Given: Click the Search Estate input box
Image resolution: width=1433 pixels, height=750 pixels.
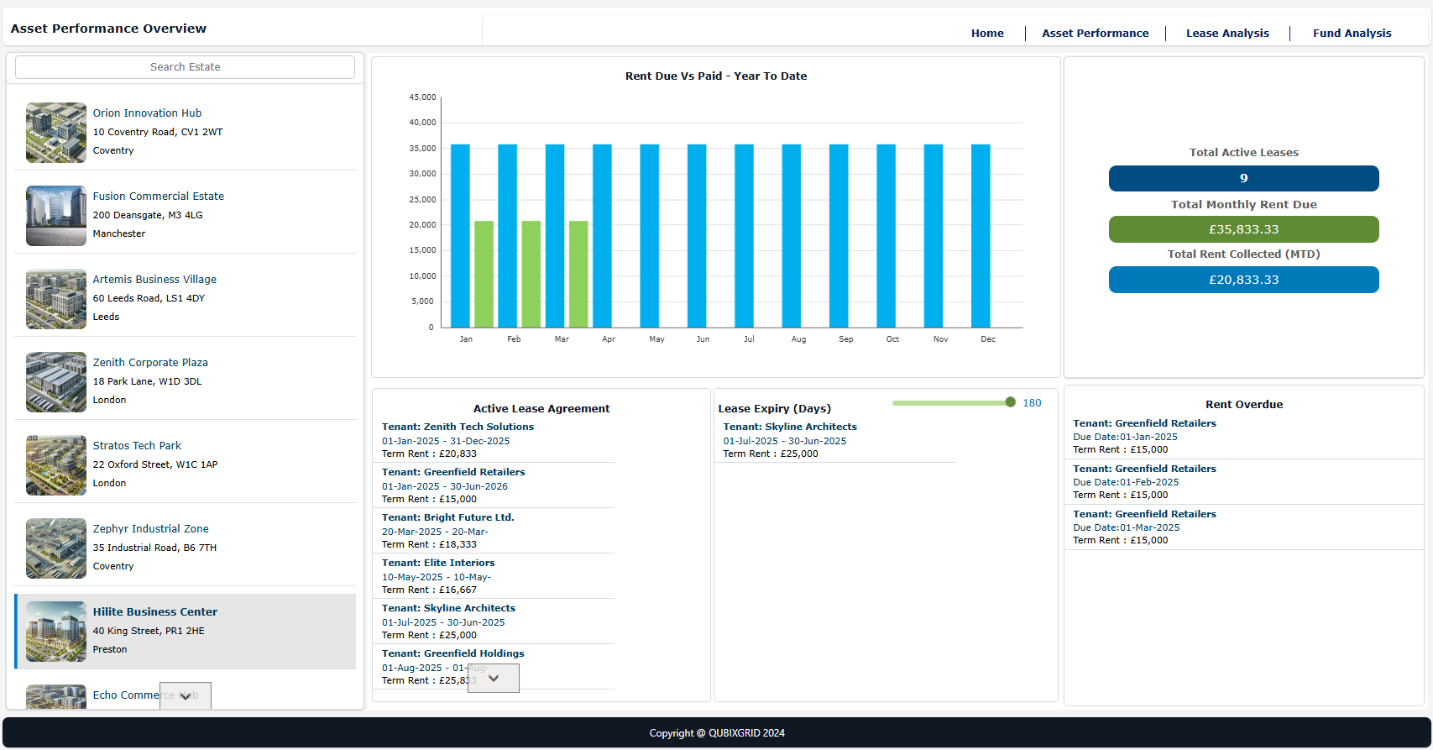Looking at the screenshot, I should click(185, 67).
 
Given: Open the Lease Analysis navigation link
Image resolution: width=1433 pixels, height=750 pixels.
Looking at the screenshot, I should click(1226, 34).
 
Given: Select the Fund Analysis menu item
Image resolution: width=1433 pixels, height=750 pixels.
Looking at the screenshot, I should click(1352, 34).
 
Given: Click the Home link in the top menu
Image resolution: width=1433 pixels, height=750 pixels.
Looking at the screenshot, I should click(987, 34).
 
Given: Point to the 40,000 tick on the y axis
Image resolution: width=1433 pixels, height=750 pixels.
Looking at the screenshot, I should click(422, 123).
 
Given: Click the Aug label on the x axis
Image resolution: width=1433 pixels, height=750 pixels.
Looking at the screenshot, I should click(798, 339).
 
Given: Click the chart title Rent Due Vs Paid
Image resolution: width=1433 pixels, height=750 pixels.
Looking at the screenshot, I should click(715, 76).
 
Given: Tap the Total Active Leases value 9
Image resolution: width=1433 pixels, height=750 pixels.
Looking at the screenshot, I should click(1243, 178).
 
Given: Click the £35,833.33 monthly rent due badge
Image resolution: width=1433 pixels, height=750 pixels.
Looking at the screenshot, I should click(1243, 229).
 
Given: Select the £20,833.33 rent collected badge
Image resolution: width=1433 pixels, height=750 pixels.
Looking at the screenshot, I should click(1243, 280).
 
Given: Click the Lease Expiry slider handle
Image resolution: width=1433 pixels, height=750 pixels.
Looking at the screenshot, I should click(1010, 402).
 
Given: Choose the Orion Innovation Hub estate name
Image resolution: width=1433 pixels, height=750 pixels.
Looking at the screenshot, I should click(147, 113).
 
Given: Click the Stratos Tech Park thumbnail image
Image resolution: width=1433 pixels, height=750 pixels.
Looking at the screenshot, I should click(56, 465).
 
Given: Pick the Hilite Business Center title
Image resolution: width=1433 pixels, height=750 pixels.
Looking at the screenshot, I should click(154, 612).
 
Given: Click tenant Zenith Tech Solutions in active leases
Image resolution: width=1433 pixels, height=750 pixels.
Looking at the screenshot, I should click(458, 427).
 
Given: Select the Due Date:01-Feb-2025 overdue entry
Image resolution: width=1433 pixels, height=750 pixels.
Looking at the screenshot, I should click(1125, 482).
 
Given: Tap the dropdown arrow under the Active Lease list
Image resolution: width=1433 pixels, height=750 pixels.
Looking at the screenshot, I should click(494, 679).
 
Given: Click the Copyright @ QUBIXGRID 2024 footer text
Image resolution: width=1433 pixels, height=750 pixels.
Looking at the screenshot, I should click(716, 733).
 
